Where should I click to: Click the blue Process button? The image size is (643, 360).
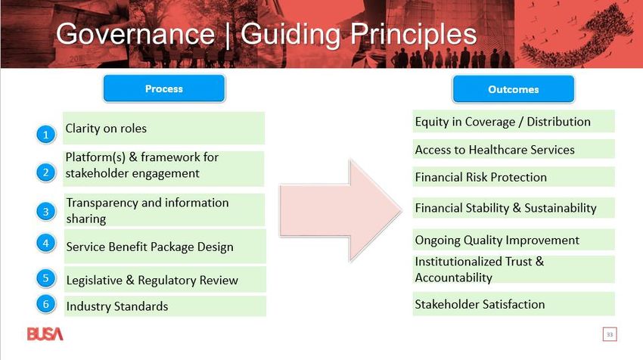164,88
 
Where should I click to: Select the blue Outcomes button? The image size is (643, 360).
514,89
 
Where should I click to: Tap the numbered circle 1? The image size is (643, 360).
46,135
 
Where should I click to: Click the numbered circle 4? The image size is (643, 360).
46,243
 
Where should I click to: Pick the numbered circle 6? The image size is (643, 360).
46,304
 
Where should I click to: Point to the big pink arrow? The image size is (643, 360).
340,210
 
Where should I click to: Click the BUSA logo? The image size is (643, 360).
45,334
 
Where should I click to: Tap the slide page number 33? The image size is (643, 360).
610,334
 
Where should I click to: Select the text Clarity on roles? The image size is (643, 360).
106,129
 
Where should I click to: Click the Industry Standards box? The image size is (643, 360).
165,306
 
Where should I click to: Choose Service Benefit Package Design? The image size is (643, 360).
150,247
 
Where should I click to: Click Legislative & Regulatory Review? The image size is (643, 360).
152,280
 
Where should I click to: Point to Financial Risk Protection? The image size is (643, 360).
480,177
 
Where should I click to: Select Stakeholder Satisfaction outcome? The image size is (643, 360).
480,304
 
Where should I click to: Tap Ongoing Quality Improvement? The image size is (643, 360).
497,241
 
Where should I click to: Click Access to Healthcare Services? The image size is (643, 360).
495,150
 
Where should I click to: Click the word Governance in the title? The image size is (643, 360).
135,33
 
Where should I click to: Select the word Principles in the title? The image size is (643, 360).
413,35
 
